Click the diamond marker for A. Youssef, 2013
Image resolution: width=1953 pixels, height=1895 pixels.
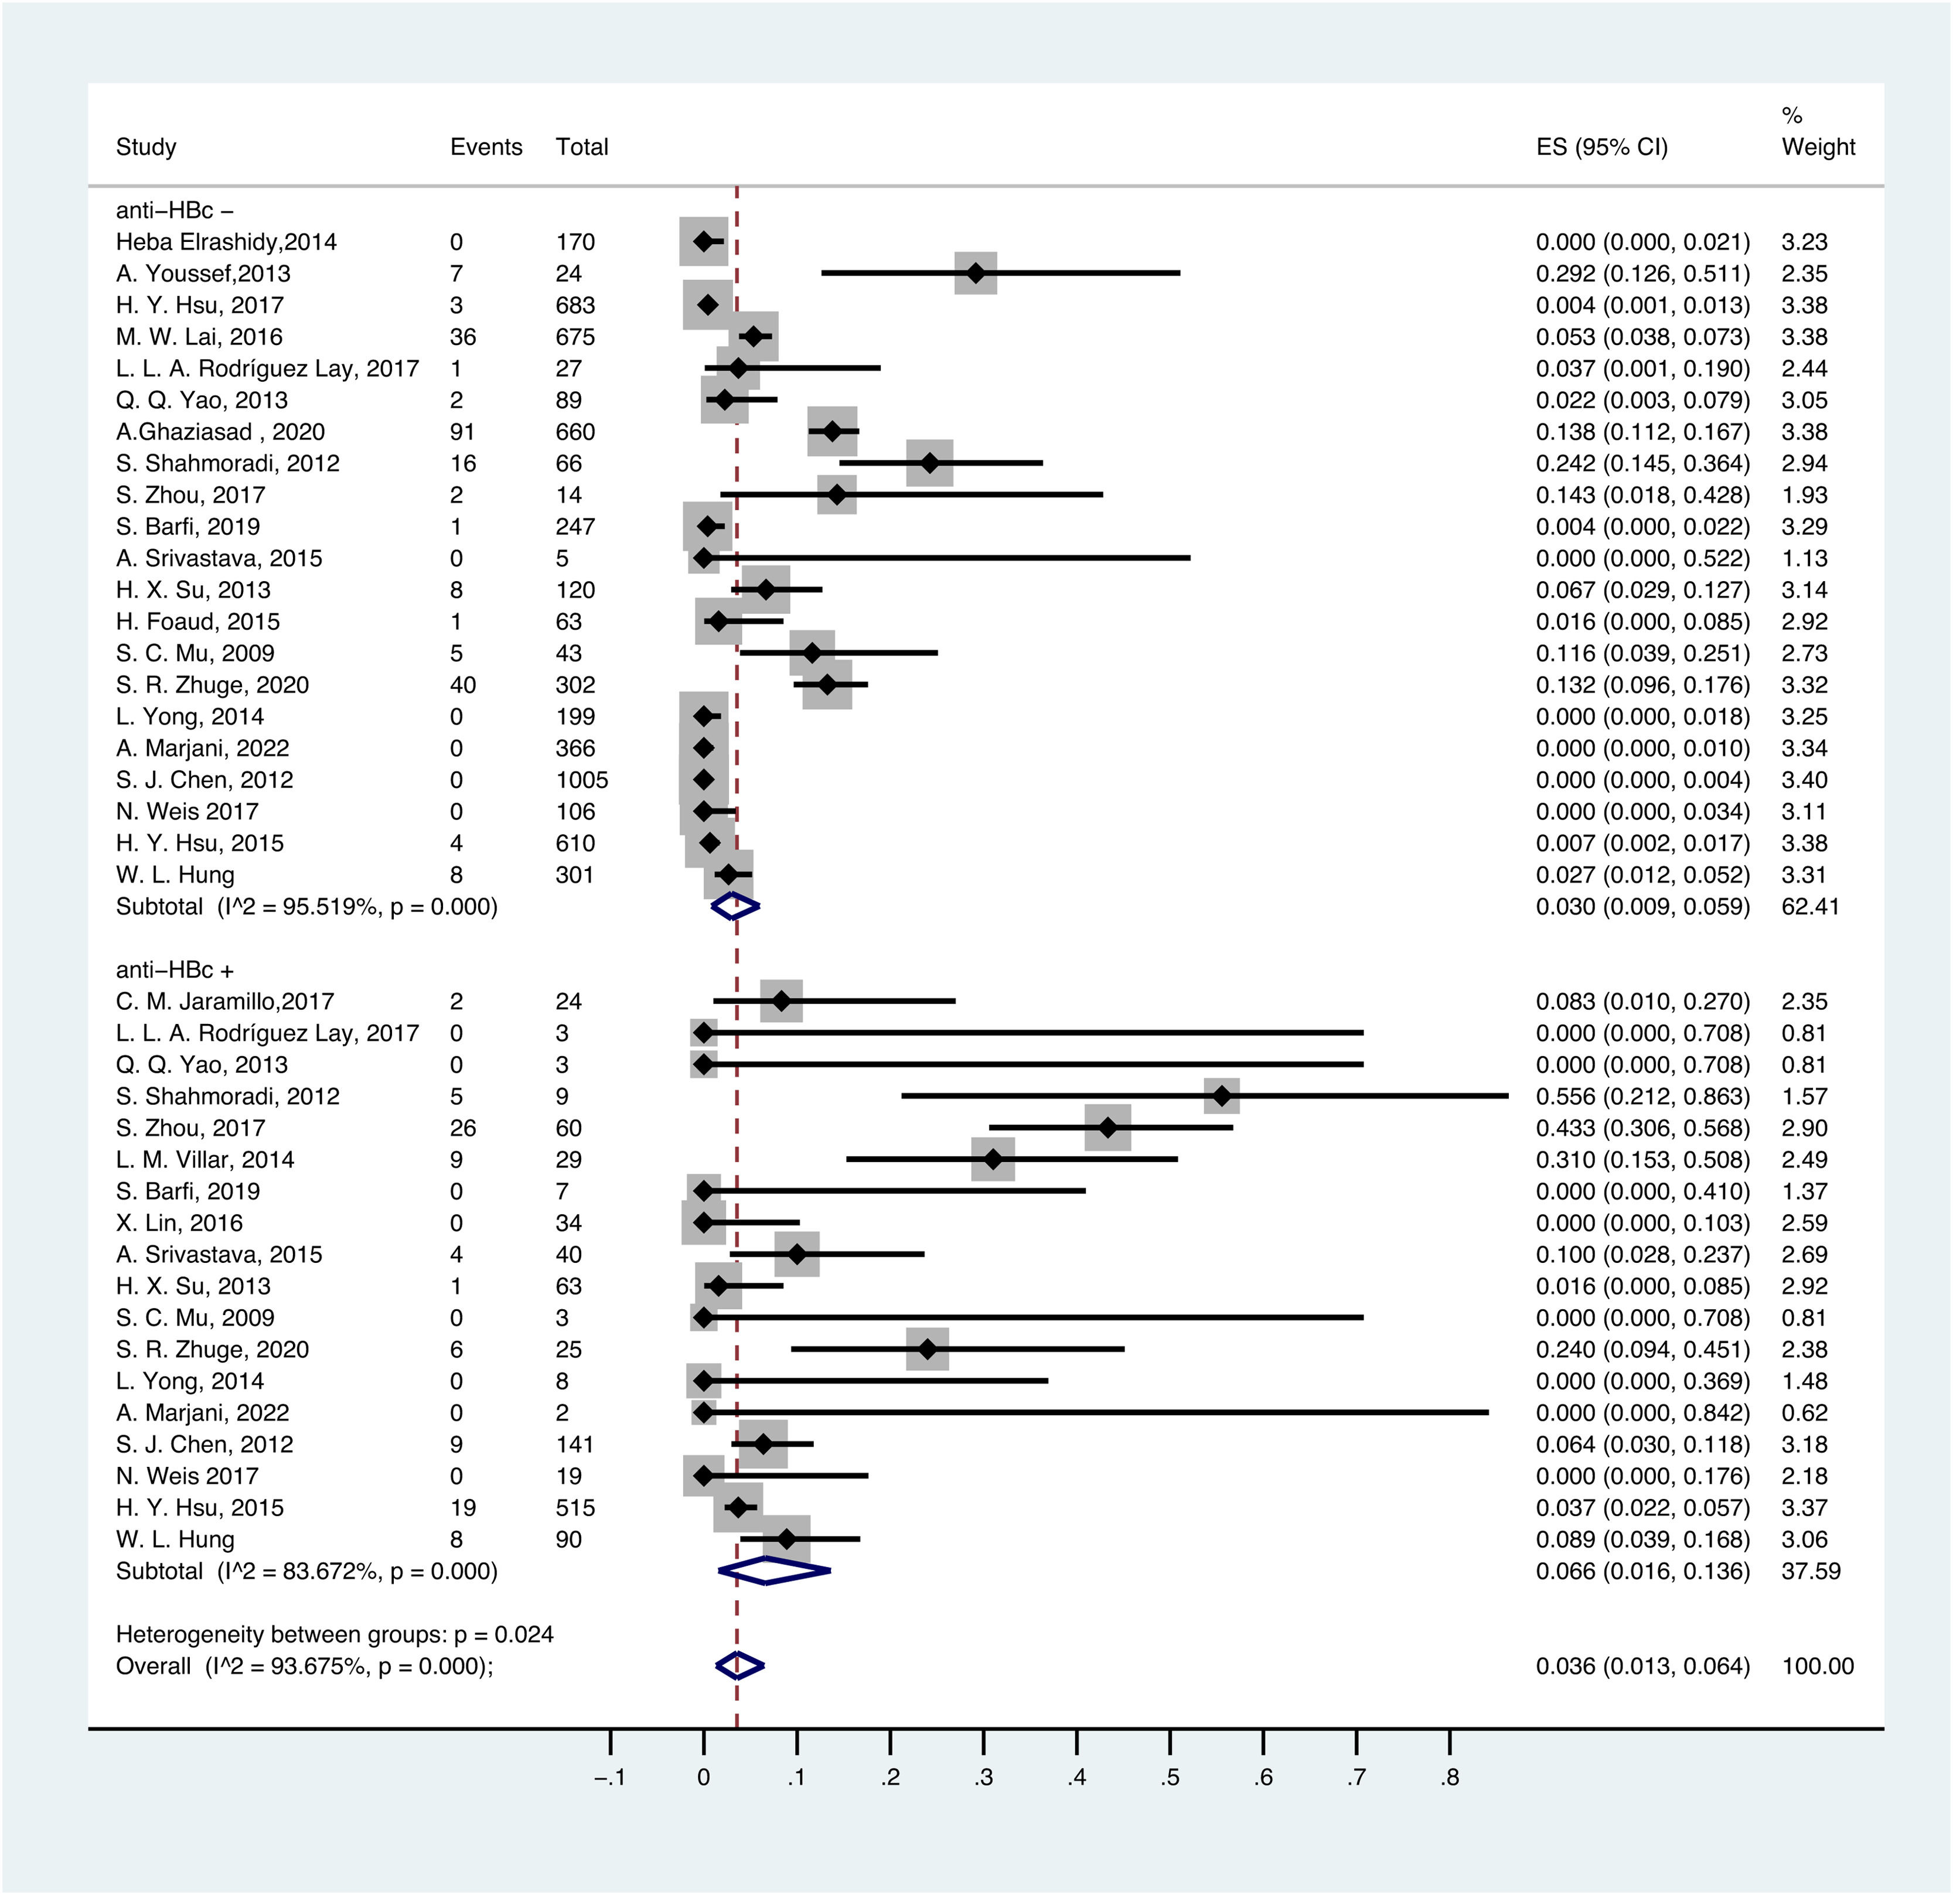pyautogui.click(x=976, y=273)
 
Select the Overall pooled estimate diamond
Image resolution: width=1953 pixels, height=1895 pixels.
pyautogui.click(x=739, y=1666)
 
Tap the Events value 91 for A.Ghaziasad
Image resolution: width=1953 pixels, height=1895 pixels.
pyautogui.click(x=462, y=431)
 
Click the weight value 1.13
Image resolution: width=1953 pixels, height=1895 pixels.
pyautogui.click(x=1805, y=558)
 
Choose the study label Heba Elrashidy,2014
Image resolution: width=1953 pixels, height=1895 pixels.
pyautogui.click(x=226, y=242)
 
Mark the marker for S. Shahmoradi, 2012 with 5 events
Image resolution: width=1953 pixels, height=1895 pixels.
pyautogui.click(x=1222, y=1096)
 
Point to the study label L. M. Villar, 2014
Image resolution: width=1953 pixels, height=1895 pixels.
pyautogui.click(x=205, y=1160)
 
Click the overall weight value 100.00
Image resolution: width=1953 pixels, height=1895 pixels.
pyautogui.click(x=1818, y=1666)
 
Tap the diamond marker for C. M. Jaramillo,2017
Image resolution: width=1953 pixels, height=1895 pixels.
pyautogui.click(x=781, y=1001)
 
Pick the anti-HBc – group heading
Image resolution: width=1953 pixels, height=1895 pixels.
pyautogui.click(x=175, y=210)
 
